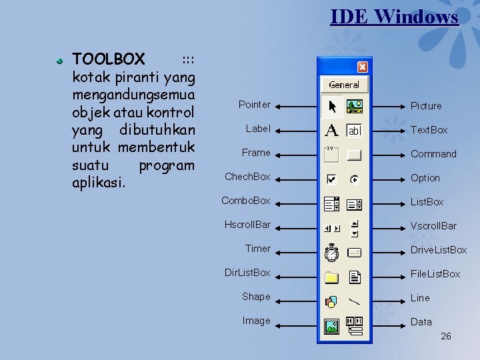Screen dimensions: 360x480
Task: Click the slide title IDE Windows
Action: point(394,16)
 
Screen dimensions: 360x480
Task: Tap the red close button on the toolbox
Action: point(362,67)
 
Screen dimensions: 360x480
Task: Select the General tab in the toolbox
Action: point(344,85)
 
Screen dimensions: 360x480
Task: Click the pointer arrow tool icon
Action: point(332,105)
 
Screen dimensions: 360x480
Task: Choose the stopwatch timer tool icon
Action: point(331,252)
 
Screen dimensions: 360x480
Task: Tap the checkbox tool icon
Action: point(331,179)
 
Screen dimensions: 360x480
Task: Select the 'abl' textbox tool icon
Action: point(354,131)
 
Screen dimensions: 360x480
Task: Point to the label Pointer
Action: point(255,105)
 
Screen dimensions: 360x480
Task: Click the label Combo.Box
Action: point(246,201)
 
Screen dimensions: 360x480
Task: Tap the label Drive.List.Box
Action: point(439,250)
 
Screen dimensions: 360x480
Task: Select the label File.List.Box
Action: point(435,274)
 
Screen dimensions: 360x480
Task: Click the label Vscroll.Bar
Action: point(433,226)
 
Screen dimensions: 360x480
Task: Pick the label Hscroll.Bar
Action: point(247,225)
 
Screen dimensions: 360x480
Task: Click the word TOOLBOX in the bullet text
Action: point(108,59)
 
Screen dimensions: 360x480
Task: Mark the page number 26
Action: point(446,336)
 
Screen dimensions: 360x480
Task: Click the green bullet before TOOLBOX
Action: point(59,61)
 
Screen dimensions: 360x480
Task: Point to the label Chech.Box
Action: point(247,177)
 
